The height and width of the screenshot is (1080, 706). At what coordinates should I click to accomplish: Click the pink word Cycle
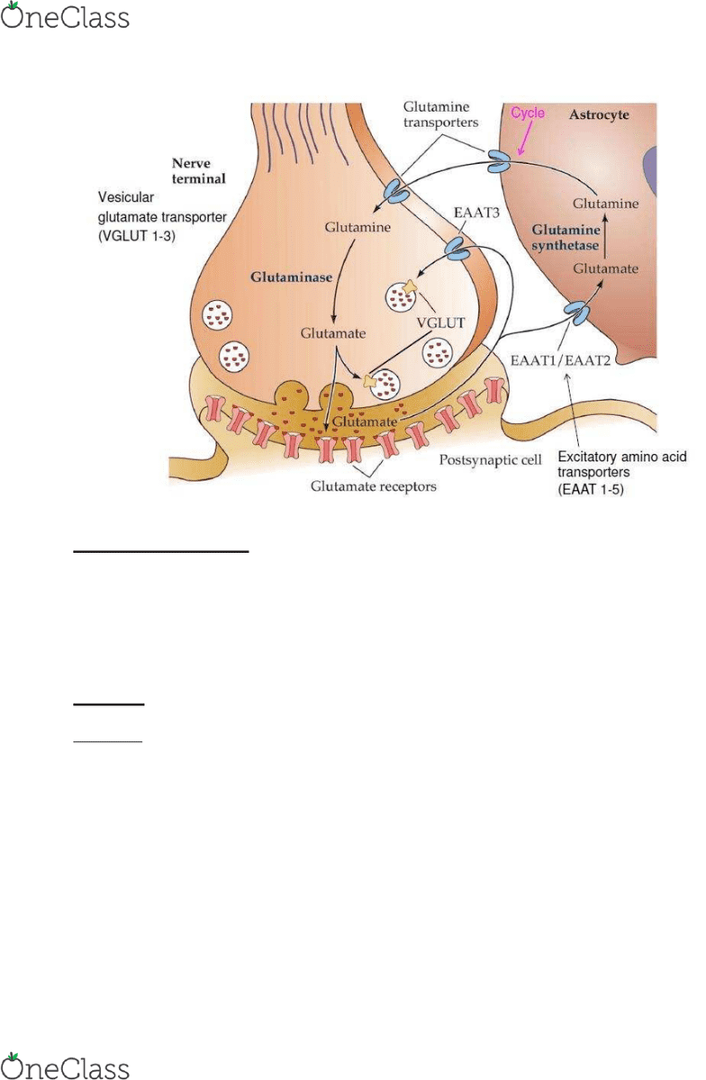click(528, 113)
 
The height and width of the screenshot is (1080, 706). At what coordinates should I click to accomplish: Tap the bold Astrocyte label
click(599, 115)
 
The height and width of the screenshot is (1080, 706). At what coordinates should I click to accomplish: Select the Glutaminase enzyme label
click(292, 277)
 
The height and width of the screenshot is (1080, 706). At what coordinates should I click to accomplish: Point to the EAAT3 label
click(476, 213)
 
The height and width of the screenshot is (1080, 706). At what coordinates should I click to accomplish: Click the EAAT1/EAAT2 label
click(560, 360)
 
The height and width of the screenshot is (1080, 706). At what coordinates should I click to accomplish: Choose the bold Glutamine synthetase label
click(566, 238)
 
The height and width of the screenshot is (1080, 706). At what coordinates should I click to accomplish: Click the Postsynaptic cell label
click(491, 459)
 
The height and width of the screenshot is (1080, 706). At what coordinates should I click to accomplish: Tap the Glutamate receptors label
click(374, 487)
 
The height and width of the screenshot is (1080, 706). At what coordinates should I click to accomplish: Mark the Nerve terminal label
click(199, 171)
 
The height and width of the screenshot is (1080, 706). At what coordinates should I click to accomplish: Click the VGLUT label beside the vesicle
click(441, 322)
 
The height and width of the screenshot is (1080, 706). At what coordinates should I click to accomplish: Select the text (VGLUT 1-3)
click(136, 236)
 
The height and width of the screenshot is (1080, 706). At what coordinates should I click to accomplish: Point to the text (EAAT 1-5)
click(591, 490)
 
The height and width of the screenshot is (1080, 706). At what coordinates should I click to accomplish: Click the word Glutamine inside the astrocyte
click(605, 204)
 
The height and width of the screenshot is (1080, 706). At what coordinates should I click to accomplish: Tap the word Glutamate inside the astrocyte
click(605, 268)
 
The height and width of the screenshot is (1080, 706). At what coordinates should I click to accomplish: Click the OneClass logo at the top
click(65, 16)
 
